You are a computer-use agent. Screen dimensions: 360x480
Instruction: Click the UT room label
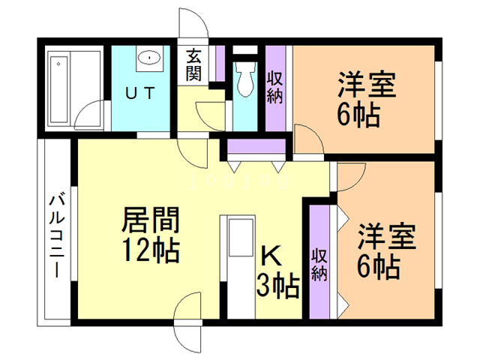[x=140, y=94]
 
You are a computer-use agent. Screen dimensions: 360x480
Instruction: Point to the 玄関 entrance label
[x=195, y=64]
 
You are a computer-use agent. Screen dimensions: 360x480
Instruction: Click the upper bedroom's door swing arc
[x=307, y=140]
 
